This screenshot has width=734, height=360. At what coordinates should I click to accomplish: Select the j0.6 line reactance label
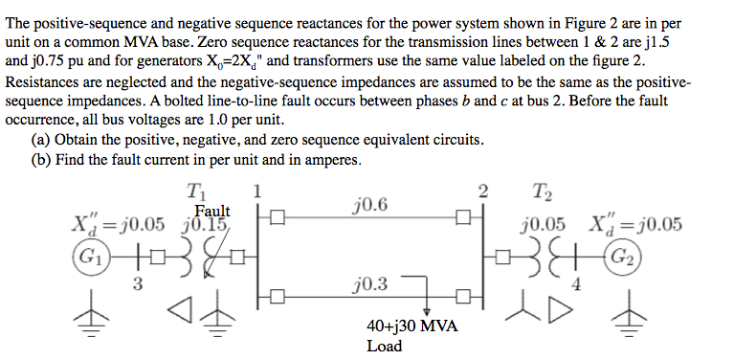(369, 203)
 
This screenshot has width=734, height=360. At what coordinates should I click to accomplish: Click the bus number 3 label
(139, 282)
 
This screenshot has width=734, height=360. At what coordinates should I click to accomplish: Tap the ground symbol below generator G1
(92, 326)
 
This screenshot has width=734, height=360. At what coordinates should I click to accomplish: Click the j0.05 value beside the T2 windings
(541, 226)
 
